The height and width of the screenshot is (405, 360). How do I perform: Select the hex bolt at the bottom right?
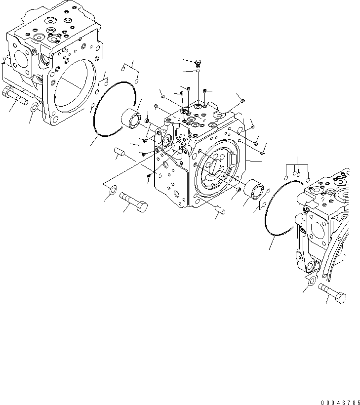coord(333,292)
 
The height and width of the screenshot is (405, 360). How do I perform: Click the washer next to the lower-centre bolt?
coord(111,189)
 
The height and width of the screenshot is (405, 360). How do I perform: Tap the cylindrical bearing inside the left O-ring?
coord(131,119)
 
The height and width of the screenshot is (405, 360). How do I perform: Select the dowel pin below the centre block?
coord(221,210)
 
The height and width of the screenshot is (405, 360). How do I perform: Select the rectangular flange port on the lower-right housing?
coord(316,232)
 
